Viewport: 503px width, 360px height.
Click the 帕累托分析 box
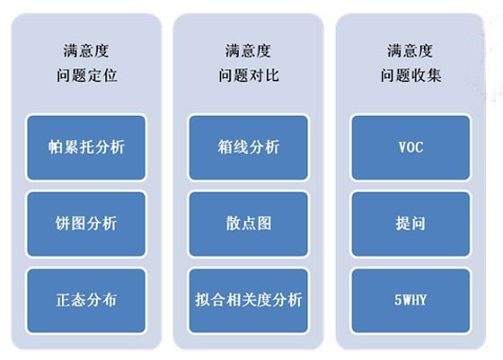pos(86,148)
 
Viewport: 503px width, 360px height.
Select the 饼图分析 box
pos(86,224)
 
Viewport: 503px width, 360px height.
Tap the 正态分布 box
pos(86,301)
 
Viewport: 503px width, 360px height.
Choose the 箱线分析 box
pos(248,148)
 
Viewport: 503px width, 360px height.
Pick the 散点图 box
pos(248,224)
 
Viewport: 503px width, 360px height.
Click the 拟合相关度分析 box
pos(248,301)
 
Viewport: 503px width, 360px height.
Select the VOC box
pos(410,148)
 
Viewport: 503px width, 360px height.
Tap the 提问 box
pos(410,224)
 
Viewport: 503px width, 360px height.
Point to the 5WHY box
pos(410,301)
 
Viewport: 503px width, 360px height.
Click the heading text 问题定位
pos(87,75)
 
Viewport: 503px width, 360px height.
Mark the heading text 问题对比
pos(249,75)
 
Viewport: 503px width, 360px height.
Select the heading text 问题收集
pos(411,75)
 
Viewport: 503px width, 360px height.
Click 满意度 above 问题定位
pos(86,51)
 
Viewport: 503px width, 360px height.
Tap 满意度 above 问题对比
pos(248,51)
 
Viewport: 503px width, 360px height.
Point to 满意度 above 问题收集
pos(410,51)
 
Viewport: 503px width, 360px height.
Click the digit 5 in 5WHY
pos(398,301)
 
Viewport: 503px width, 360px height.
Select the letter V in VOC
pos(402,147)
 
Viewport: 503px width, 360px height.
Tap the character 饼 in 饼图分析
pos(63,224)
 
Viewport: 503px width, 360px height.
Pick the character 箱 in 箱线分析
pos(225,147)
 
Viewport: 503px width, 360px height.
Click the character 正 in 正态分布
pos(64,300)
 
